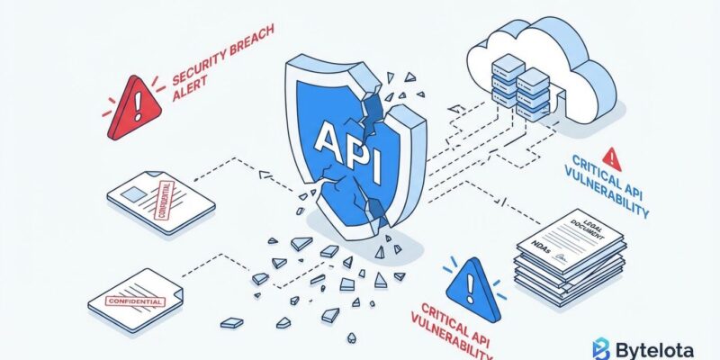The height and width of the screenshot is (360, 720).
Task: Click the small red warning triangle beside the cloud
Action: pyautogui.click(x=613, y=155)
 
